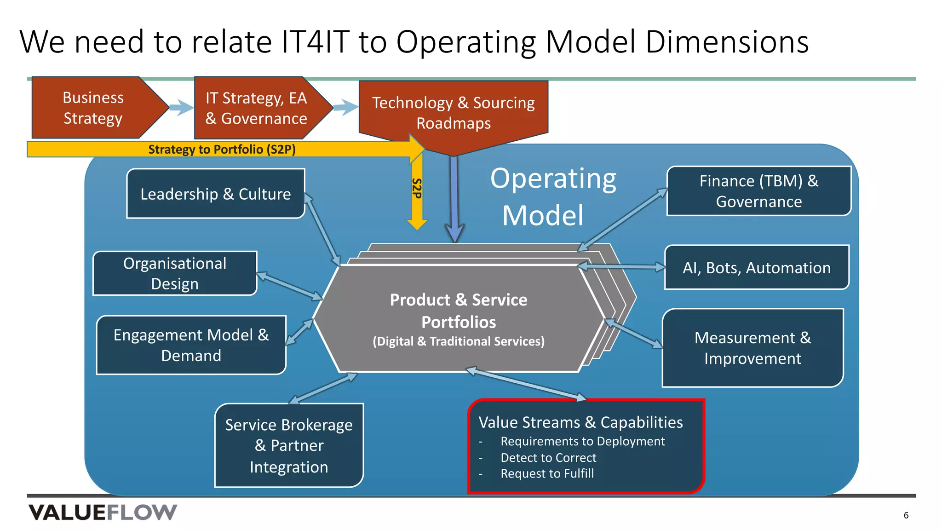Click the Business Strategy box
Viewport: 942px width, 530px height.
tap(93, 108)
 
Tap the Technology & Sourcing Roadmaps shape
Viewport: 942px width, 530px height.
tap(453, 113)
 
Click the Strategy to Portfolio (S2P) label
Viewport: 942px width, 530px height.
tap(222, 150)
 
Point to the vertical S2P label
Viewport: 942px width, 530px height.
tap(417, 189)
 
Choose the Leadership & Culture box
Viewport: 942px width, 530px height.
tap(215, 194)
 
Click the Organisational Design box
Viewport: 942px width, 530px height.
tap(175, 273)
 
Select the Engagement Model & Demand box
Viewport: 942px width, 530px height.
tap(191, 345)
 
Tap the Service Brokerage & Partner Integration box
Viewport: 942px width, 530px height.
tap(289, 445)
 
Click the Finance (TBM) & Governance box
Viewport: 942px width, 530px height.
tap(758, 191)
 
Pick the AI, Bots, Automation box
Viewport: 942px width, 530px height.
tap(757, 268)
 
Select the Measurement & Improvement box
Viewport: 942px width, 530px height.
tap(752, 348)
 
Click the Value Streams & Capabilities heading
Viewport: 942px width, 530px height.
tap(580, 422)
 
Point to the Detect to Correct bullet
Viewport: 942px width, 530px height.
tap(548, 458)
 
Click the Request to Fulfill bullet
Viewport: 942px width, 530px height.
tap(547, 473)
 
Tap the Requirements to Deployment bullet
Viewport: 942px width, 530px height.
tap(582, 441)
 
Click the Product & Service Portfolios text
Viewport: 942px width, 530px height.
tap(459, 311)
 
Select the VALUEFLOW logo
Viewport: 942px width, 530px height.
tap(103, 513)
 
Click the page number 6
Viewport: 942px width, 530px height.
tap(906, 515)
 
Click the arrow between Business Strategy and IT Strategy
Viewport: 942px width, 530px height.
tap(181, 108)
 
